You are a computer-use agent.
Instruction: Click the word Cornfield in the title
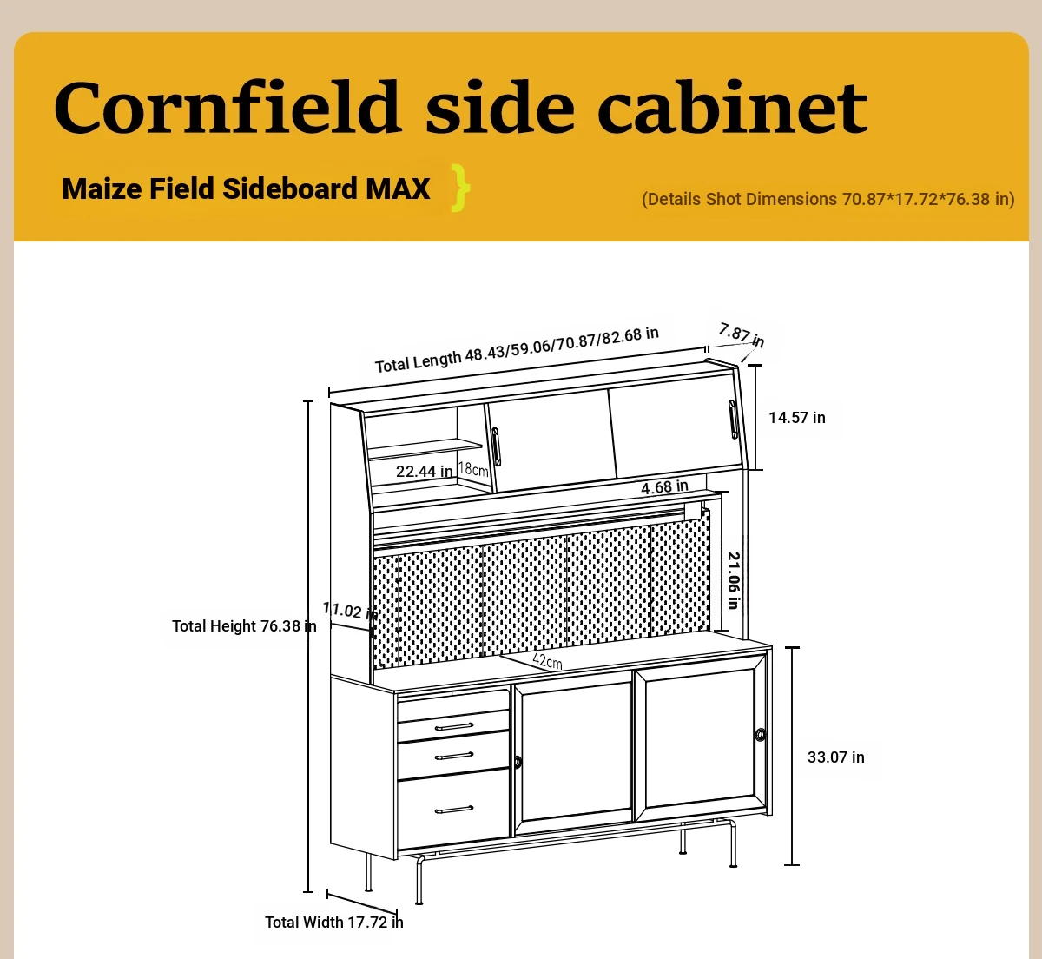[227, 107]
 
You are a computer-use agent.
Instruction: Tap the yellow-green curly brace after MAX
[460, 188]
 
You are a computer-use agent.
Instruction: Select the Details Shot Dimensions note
[828, 199]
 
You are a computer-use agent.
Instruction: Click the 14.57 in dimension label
[797, 417]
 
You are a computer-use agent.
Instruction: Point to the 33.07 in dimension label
[836, 757]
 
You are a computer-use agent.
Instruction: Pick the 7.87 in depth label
[742, 334]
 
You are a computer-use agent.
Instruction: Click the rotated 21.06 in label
[733, 580]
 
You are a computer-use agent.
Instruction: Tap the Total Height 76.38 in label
[244, 625]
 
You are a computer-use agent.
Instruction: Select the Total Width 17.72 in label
[334, 922]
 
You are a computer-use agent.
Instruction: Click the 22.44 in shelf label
[425, 472]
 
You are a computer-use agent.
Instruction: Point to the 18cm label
[473, 469]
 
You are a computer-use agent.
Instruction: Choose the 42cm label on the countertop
[548, 661]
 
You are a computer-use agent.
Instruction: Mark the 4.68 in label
[664, 487]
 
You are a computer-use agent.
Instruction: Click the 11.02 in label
[350, 610]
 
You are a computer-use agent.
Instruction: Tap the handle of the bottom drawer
[454, 810]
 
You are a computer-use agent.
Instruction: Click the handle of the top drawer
[454, 727]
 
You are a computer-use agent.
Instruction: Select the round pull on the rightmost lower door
[760, 735]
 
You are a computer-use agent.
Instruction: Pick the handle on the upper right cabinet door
[733, 419]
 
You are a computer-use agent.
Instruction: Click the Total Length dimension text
[517, 350]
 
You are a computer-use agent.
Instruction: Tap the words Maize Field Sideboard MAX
[246, 188]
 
